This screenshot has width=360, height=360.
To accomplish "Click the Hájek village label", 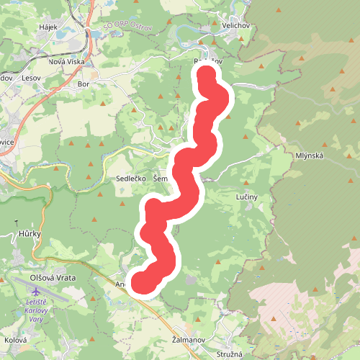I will click(x=48, y=27).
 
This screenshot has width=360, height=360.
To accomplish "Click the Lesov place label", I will click(x=32, y=77).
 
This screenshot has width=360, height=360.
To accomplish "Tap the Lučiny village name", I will click(x=246, y=197).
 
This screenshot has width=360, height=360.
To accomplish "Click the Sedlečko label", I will click(x=131, y=178).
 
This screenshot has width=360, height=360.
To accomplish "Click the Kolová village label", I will click(x=16, y=340).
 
